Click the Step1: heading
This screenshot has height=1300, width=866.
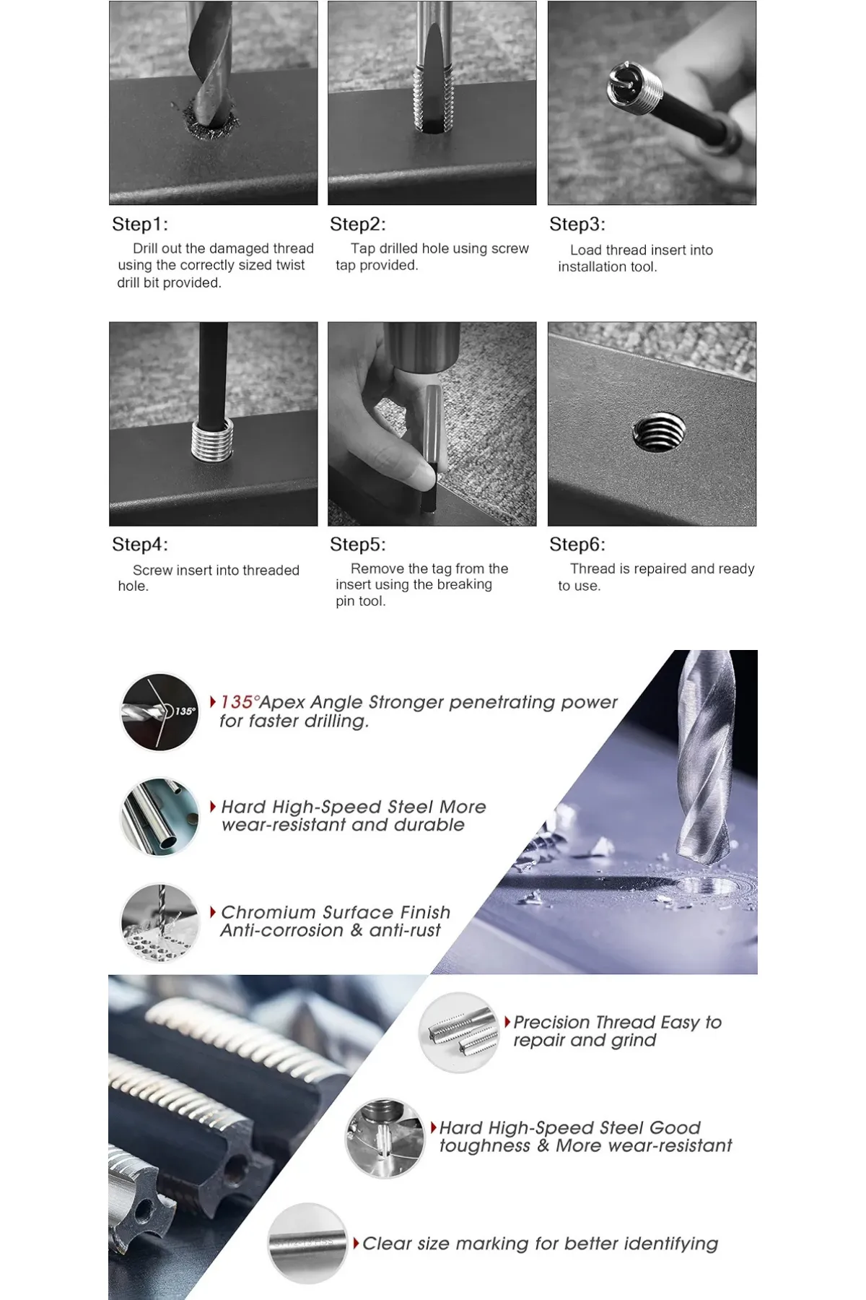pos(139,224)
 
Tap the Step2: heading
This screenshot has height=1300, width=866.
pos(358,224)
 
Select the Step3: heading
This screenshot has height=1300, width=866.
pos(577,224)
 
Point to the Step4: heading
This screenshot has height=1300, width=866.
pos(139,544)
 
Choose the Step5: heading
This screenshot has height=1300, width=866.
pos(358,544)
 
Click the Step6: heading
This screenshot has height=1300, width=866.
pos(577,544)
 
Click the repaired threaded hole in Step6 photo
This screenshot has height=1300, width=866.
pos(659,433)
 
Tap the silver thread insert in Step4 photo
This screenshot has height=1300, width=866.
pos(212,439)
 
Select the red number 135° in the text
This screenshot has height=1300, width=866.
pos(239,701)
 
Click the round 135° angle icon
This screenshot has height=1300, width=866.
pos(159,712)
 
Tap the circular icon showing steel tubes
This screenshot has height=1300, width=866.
pos(159,817)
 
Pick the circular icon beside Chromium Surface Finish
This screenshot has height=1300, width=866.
pos(159,922)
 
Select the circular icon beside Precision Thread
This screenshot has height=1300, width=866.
pos(459,1032)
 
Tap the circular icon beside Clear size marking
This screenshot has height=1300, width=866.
pos(308,1243)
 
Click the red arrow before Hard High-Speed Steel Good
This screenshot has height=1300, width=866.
pos(434,1127)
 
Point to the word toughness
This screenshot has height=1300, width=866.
pos(484,1146)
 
